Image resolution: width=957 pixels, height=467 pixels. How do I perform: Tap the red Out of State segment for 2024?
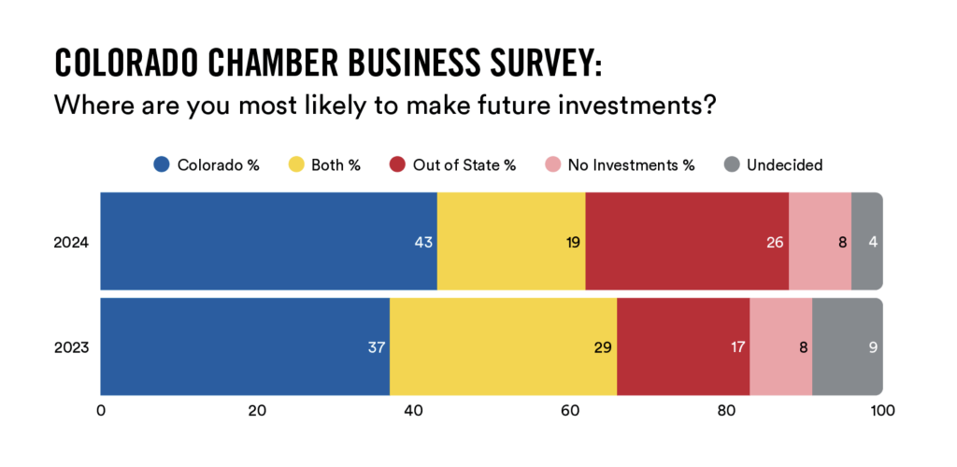click(687, 242)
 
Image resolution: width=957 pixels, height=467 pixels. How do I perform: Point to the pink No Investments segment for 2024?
click(820, 242)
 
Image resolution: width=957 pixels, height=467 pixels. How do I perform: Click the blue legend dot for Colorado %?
click(162, 165)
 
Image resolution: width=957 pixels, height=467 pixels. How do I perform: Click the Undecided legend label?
click(784, 165)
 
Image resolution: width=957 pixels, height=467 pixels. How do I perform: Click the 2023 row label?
click(72, 348)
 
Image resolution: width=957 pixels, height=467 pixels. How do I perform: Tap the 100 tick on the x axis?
click(882, 409)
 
